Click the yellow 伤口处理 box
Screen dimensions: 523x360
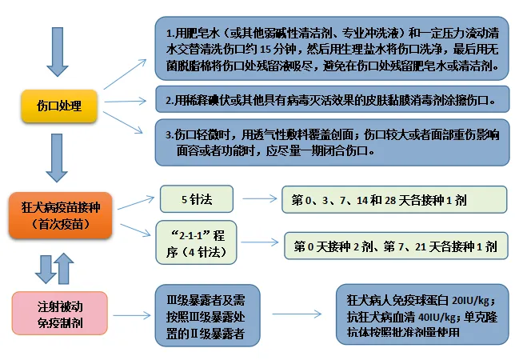(x=59, y=106)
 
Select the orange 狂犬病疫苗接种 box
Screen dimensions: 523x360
(x=60, y=215)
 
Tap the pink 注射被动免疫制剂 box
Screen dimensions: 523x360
(x=60, y=313)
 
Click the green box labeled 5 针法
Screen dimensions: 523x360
(x=197, y=199)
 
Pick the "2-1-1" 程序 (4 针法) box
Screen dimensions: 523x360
(x=196, y=242)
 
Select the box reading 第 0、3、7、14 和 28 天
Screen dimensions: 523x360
(x=394, y=199)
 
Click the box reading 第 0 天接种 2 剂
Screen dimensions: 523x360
(x=396, y=246)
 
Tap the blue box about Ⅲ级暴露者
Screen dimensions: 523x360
(x=207, y=315)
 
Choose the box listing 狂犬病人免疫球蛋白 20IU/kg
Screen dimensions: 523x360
(x=422, y=314)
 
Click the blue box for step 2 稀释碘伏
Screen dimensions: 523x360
(x=332, y=99)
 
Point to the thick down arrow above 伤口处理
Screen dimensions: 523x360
(x=58, y=52)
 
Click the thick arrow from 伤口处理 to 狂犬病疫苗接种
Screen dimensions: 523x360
(x=57, y=158)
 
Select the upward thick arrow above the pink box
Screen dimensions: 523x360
(x=64, y=269)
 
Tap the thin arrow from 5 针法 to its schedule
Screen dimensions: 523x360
(x=259, y=199)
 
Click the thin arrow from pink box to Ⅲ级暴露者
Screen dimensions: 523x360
(x=132, y=315)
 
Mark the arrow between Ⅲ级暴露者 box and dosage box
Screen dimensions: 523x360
(x=297, y=314)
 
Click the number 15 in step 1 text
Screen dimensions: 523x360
(x=265, y=50)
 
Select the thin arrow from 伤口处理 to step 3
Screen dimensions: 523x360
(x=123, y=122)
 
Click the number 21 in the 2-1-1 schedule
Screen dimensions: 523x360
(x=421, y=247)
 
